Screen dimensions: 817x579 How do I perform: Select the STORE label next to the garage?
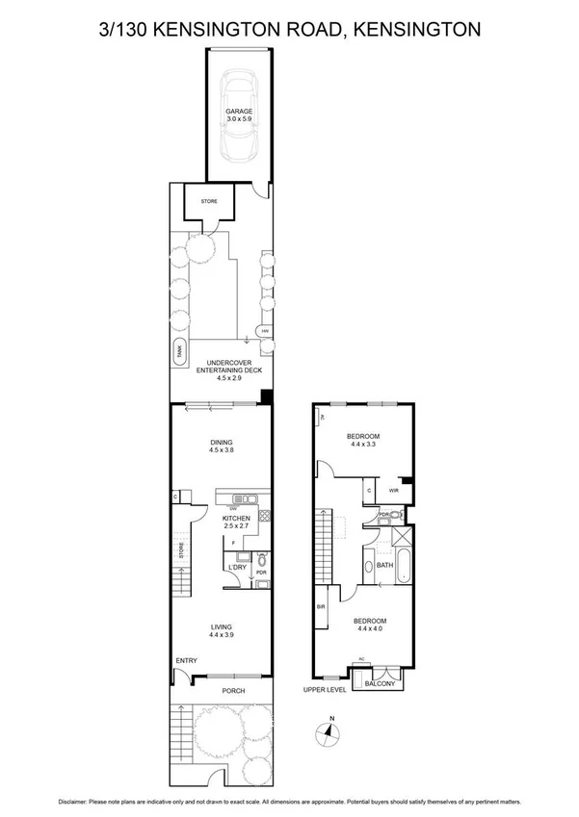(x=209, y=201)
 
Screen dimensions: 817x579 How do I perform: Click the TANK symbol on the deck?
(x=179, y=353)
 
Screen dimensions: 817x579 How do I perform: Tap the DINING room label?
(x=223, y=443)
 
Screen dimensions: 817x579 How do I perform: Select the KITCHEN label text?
(x=236, y=518)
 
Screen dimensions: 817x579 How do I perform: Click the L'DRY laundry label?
(x=237, y=568)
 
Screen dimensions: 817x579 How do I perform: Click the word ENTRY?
(x=187, y=660)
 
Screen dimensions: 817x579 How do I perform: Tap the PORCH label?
(x=233, y=691)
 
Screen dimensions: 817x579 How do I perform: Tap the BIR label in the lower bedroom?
(x=321, y=607)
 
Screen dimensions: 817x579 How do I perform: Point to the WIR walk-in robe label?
(x=393, y=491)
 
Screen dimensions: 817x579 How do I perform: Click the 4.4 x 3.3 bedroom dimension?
(x=364, y=445)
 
